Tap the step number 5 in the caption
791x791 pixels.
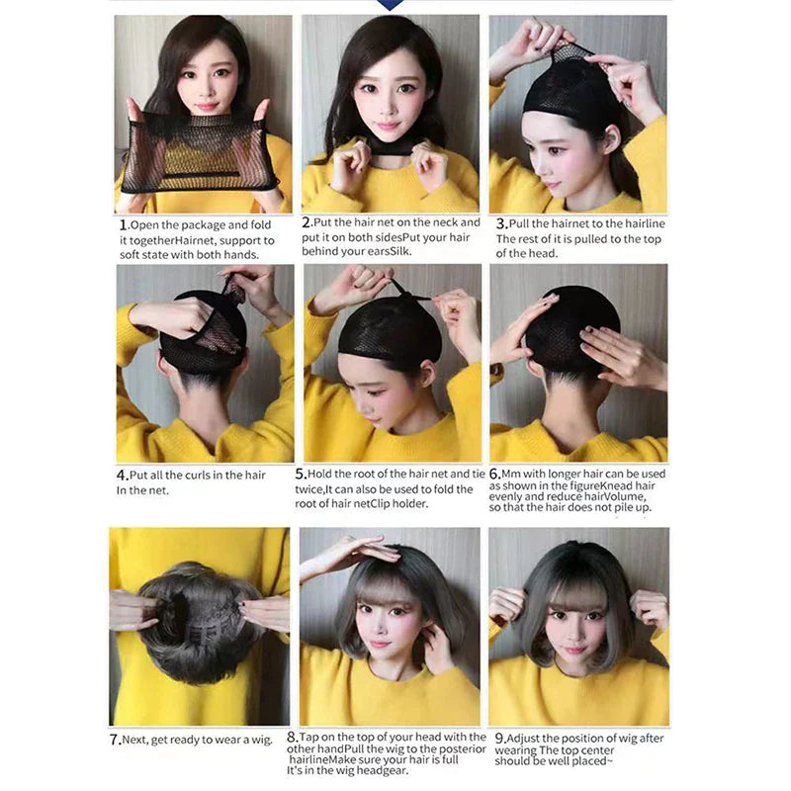pos(308,475)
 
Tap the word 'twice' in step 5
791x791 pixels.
pos(322,488)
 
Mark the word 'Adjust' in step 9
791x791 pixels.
pos(528,738)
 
